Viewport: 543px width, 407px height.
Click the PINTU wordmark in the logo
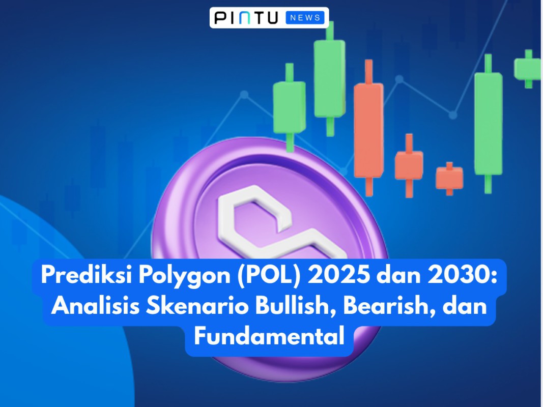(x=246, y=18)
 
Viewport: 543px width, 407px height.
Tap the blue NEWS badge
(x=305, y=18)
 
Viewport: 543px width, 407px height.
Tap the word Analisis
(x=90, y=306)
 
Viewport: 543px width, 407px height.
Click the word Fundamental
(x=269, y=336)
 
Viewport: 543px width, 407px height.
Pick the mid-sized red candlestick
(x=409, y=165)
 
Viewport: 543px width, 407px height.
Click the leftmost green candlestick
(x=289, y=107)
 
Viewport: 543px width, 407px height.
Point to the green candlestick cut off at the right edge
(x=527, y=69)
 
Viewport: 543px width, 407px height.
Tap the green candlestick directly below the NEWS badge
(x=329, y=78)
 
